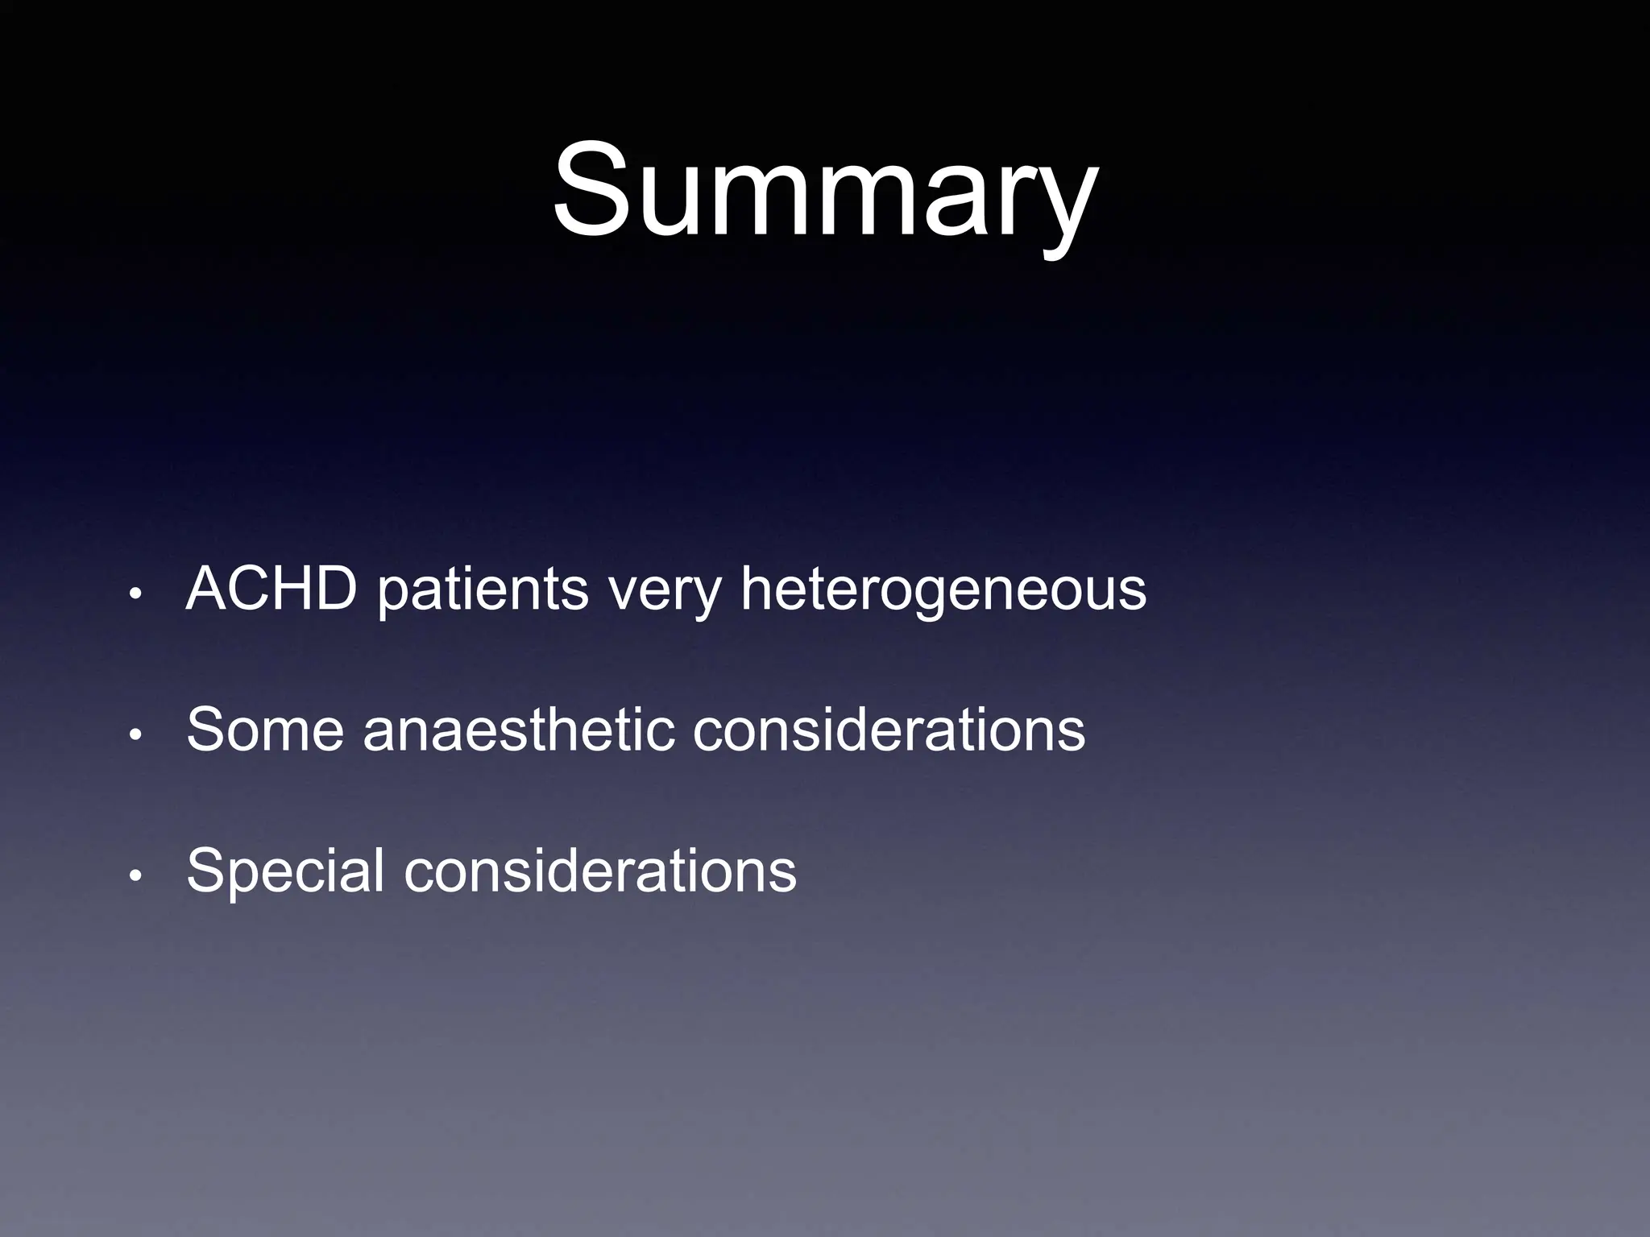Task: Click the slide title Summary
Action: (824, 191)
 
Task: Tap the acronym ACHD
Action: (272, 589)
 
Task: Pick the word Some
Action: (265, 730)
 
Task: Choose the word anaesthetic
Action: (518, 730)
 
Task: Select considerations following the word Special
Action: (600, 871)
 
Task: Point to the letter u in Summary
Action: (670, 201)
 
